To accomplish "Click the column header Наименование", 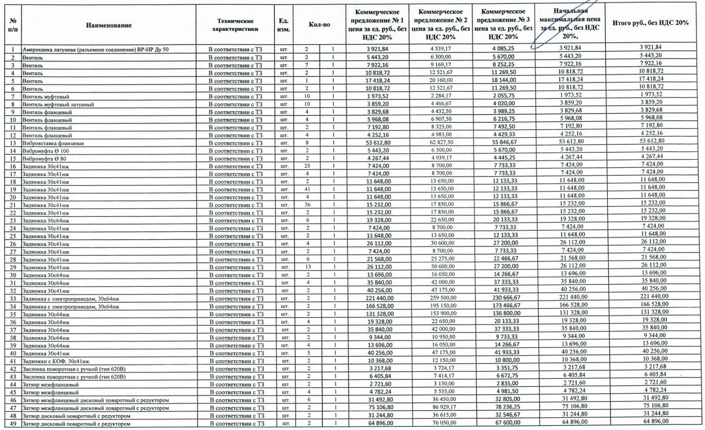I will [x=109, y=25].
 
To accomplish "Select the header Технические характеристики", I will [x=235, y=25].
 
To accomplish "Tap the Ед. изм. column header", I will [x=283, y=25].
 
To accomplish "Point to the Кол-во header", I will [x=319, y=25].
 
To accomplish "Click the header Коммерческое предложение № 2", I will [x=440, y=24].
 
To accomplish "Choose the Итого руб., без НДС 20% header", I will [x=650, y=23].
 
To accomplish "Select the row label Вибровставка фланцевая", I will [x=53, y=143].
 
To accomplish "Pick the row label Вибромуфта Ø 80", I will [x=44, y=159].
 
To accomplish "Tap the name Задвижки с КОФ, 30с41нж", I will [x=56, y=361].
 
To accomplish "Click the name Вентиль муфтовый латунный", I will [x=58, y=105].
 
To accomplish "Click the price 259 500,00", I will [x=441, y=298].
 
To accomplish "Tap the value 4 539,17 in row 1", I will [x=441, y=49].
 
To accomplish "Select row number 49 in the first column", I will [x=13, y=424].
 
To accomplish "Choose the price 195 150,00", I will [x=441, y=305].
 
